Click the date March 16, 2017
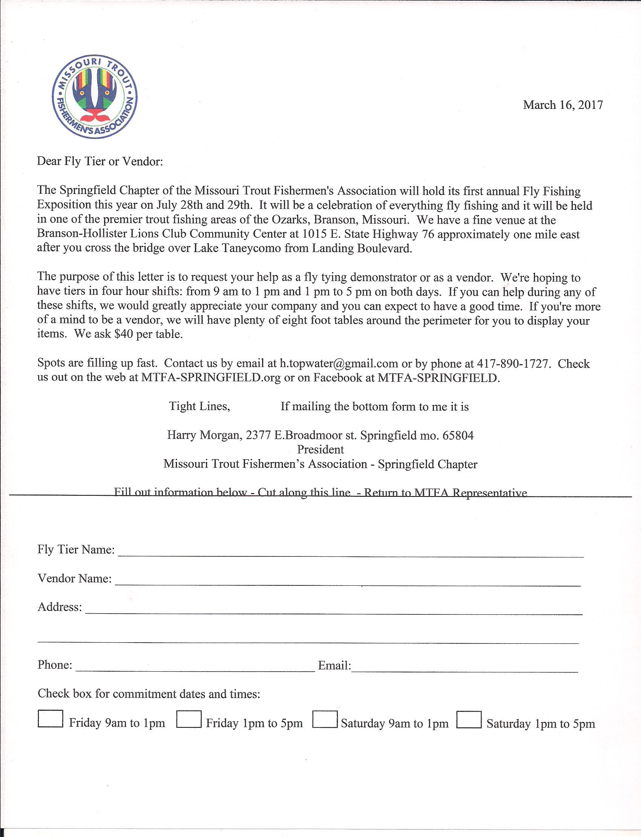(x=563, y=105)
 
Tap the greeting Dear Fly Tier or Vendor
(x=100, y=161)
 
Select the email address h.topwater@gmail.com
(x=339, y=364)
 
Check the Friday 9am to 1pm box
(x=51, y=719)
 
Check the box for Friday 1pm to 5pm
(x=189, y=719)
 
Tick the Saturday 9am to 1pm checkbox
(x=325, y=719)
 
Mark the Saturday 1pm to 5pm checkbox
(x=469, y=719)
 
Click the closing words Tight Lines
(x=199, y=406)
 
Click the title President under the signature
(x=320, y=449)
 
